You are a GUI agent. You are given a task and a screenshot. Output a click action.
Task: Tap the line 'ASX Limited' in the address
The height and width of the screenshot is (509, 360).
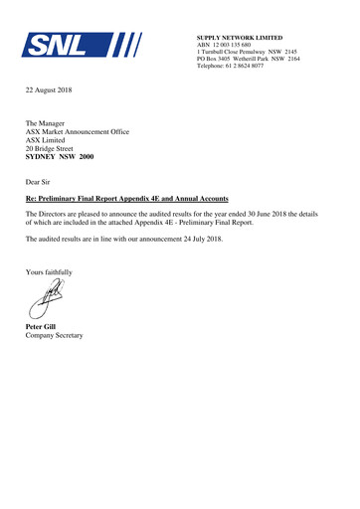coord(48,140)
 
